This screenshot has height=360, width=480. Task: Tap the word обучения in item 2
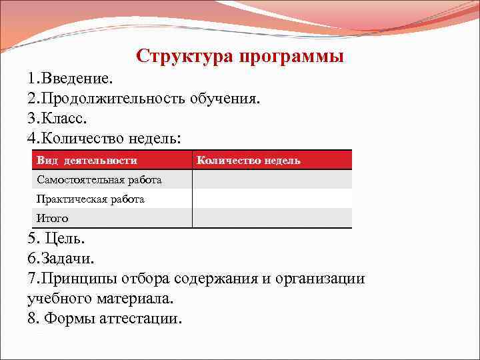225,99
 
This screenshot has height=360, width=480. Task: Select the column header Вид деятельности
87,161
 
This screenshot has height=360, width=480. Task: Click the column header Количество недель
249,161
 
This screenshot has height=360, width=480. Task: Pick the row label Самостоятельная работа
99,180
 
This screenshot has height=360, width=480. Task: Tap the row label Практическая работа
91,199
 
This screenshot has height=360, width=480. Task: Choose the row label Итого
53,219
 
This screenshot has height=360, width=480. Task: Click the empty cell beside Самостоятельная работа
272,180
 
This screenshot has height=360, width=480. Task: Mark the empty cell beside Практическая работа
272,199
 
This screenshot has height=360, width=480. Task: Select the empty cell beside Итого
272,219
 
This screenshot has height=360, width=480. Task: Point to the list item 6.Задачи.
61,258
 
